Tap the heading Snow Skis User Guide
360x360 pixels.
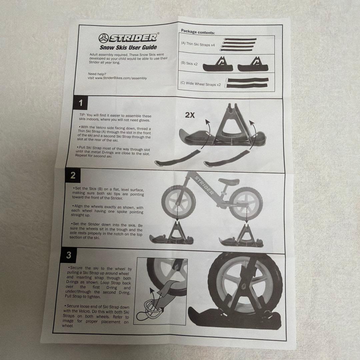[128, 47]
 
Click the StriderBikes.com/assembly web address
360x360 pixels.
[121, 78]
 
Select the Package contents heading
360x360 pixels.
[198, 32]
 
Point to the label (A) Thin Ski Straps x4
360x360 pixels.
[198, 44]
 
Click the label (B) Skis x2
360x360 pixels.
[189, 63]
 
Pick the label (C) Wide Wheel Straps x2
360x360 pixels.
[200, 84]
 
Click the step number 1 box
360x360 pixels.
[80, 103]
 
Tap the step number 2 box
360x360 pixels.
[73, 175]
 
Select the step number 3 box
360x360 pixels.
[68, 255]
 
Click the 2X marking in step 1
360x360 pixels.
[190, 115]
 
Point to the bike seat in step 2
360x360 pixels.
[229, 181]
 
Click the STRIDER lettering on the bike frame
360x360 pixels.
[204, 185]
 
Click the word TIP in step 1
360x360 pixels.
[82, 115]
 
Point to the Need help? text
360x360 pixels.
[97, 74]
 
